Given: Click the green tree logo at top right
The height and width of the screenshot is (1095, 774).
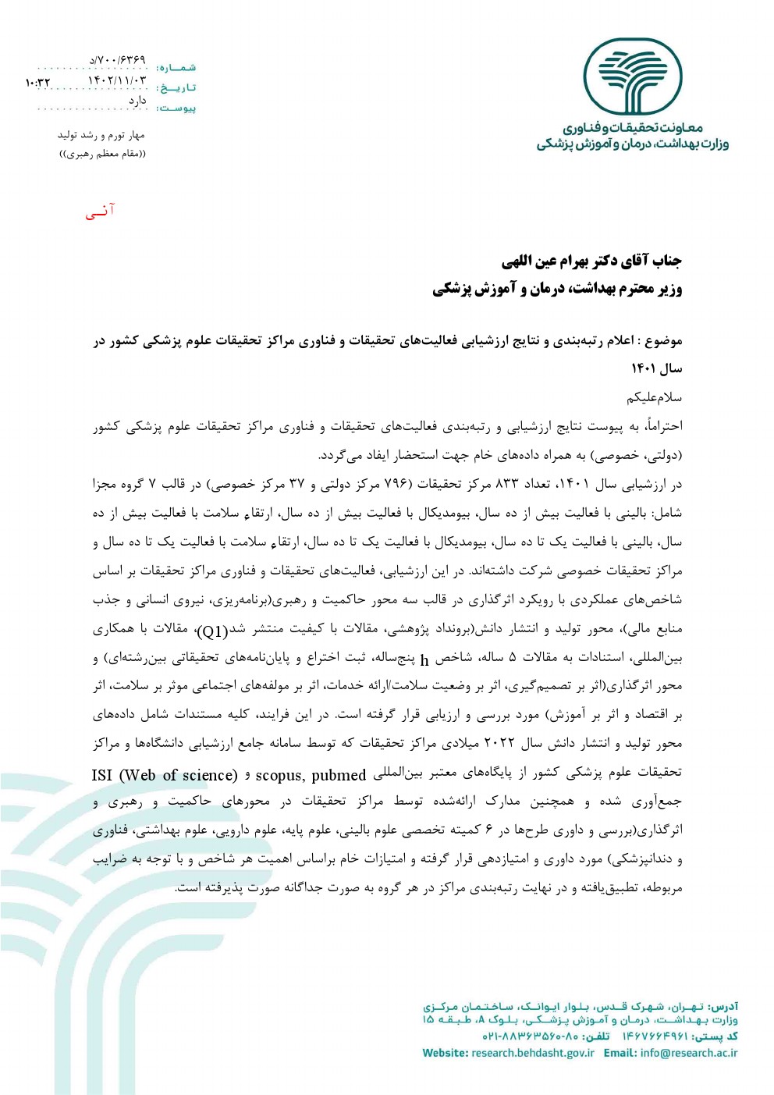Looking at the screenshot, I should [633, 78].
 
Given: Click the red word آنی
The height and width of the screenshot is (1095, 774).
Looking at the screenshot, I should [100, 212].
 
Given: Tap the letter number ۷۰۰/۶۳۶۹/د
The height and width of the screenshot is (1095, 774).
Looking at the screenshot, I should [117, 59].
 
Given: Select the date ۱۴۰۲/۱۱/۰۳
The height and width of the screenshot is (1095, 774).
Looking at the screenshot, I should [116, 80].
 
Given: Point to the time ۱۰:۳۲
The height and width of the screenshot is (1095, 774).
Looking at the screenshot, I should [37, 82].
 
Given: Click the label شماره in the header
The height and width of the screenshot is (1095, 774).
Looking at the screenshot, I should [176, 68].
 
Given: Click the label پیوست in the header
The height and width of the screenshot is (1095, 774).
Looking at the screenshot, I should [176, 108].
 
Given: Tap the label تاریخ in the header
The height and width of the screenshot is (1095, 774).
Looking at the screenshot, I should [176, 88].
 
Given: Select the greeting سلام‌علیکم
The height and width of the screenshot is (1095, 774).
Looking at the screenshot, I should [654, 398].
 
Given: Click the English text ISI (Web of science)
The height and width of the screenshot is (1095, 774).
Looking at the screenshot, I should [164, 775].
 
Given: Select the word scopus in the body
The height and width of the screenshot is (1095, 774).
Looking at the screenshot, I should [279, 775].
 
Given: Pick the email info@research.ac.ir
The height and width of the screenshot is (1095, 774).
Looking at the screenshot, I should [688, 1053].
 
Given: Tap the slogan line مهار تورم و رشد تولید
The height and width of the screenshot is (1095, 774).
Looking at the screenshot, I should [101, 135].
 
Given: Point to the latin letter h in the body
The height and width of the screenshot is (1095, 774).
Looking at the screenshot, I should [424, 660].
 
